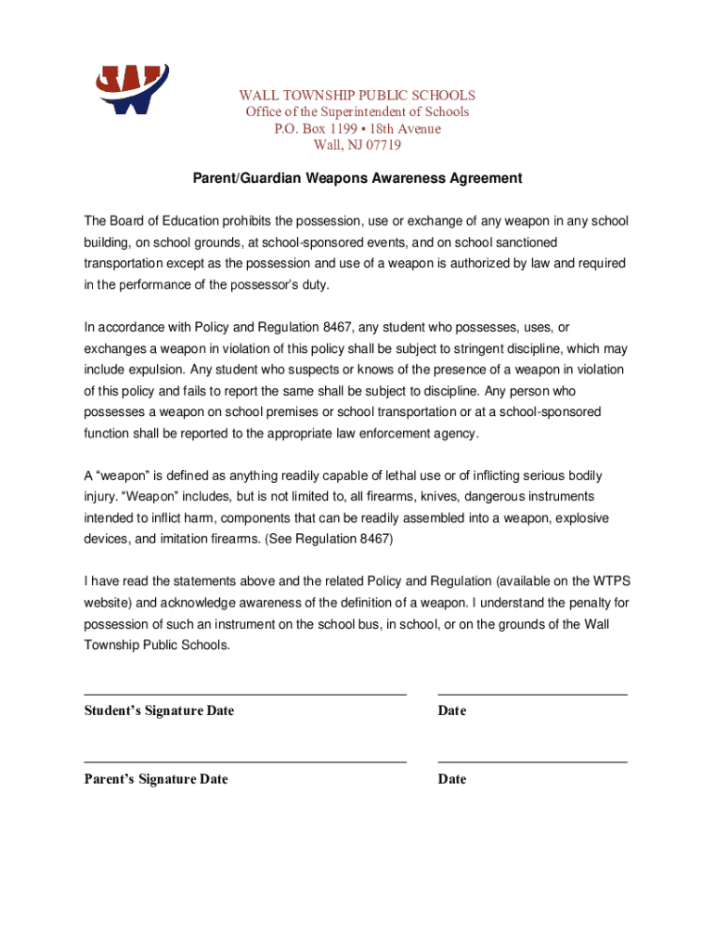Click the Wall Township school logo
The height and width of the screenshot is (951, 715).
tap(133, 89)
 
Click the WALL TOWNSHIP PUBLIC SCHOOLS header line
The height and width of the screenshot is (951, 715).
tap(357, 96)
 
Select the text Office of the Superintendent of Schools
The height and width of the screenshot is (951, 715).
tap(357, 112)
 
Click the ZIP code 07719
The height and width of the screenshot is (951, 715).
tap(383, 146)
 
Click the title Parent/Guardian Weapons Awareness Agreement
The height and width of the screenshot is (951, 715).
tap(357, 178)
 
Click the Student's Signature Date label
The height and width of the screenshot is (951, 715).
tap(159, 711)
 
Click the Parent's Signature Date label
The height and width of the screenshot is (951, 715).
tap(156, 780)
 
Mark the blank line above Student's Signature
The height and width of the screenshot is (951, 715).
tap(245, 694)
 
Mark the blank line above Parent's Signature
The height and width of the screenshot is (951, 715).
tap(245, 762)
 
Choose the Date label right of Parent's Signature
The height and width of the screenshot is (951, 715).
tap(452, 780)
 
